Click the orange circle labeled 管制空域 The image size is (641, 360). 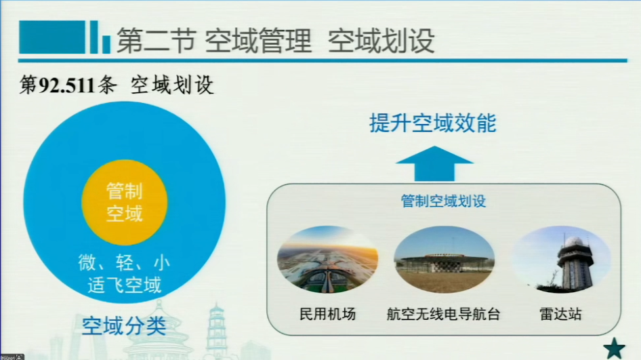point(125,202)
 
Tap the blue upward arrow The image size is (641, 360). point(434,163)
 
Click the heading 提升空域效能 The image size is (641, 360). point(433,123)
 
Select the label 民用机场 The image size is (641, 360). point(327,314)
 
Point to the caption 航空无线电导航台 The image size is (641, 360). point(444,314)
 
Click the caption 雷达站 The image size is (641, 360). point(560,314)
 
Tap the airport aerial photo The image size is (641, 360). point(327,260)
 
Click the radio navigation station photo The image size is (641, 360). point(444,260)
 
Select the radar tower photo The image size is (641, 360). point(561,260)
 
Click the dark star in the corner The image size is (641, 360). point(615,349)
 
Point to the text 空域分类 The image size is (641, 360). point(124,326)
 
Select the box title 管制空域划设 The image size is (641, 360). point(444,201)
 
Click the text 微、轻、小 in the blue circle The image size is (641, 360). point(124,262)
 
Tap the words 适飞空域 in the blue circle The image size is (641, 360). point(124,285)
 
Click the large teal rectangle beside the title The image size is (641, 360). point(52,37)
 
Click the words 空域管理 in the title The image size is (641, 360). point(258,41)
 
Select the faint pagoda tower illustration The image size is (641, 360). point(216,329)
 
